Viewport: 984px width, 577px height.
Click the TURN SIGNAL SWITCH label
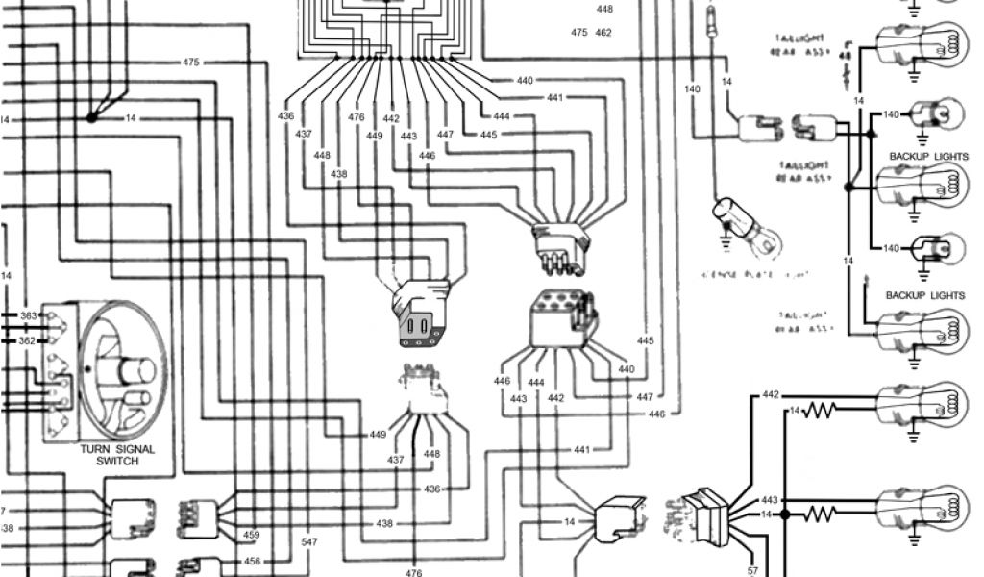click(x=117, y=455)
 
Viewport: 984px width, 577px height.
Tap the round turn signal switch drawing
click(x=120, y=370)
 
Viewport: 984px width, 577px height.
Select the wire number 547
click(x=309, y=542)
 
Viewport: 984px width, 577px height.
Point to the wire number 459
click(x=252, y=536)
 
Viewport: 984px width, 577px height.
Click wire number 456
click(x=252, y=562)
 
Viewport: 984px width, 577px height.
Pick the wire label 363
click(x=29, y=315)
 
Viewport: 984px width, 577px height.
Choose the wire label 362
click(x=29, y=340)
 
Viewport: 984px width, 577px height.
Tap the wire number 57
click(x=752, y=570)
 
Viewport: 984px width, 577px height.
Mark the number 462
click(x=603, y=33)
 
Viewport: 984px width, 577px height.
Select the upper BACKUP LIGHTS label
click(x=928, y=156)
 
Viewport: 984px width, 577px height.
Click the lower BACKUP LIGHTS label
click(x=924, y=295)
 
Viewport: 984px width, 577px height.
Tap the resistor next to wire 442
click(x=823, y=411)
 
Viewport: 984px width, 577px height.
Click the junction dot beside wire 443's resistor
click(x=784, y=514)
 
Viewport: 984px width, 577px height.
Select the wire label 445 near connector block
click(x=645, y=341)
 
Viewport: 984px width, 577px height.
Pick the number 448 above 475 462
click(x=603, y=9)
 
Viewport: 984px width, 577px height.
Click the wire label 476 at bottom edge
click(x=413, y=572)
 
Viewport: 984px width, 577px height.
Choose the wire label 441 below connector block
click(x=582, y=450)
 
